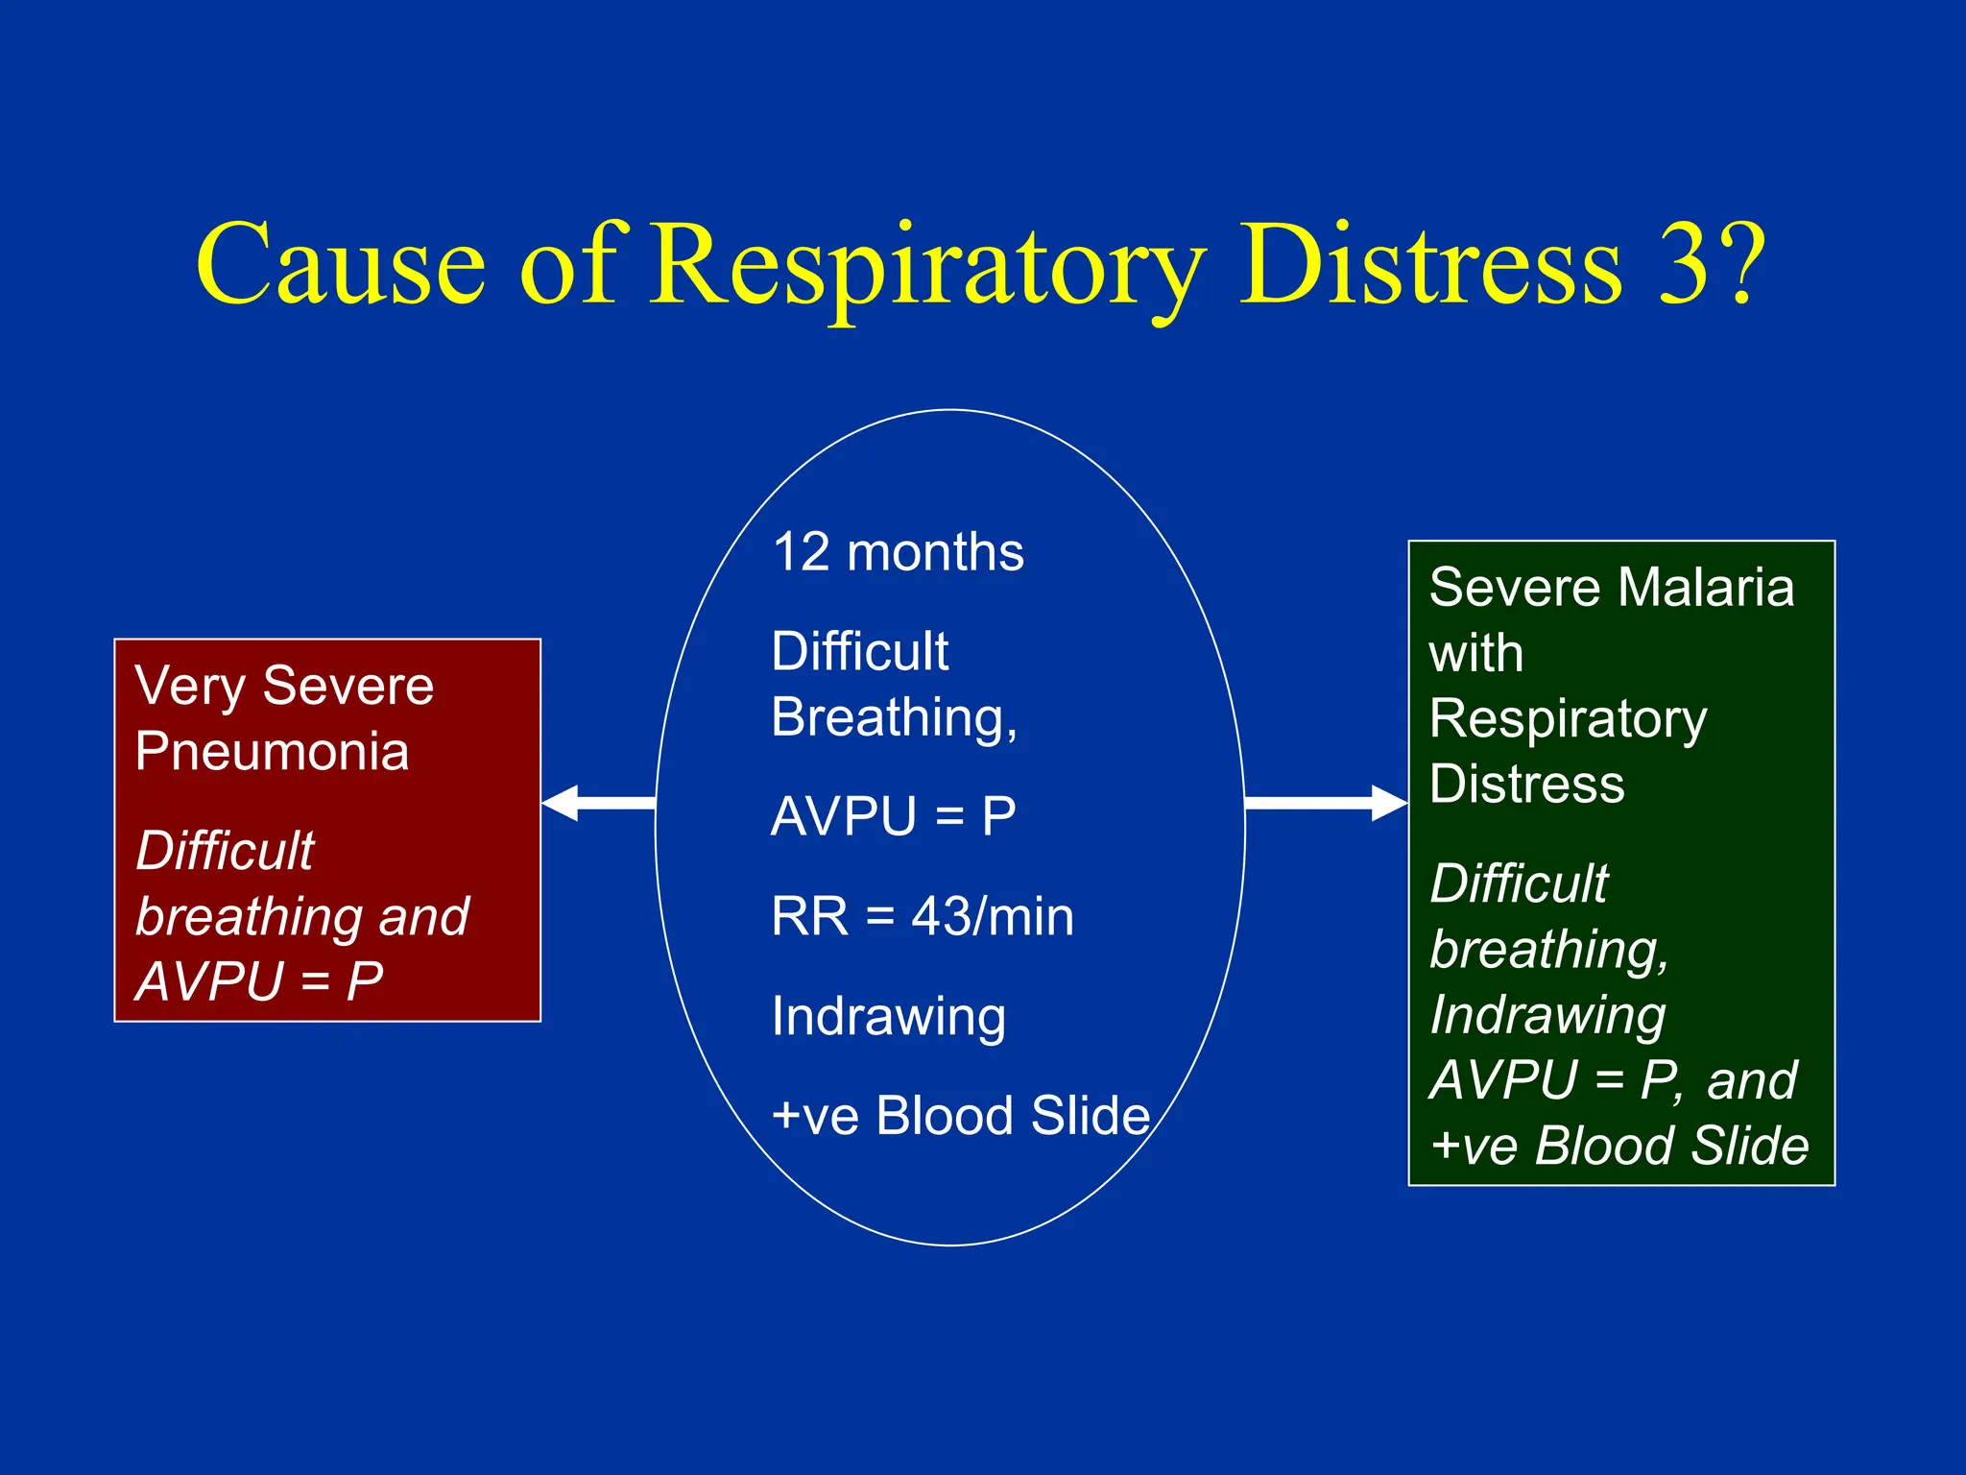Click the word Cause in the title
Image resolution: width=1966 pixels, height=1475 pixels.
pos(341,264)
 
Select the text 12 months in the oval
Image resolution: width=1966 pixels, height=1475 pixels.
pos(898,553)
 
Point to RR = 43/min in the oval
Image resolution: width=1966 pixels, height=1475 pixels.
pos(923,916)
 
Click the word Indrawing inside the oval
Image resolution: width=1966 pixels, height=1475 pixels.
pos(889,1017)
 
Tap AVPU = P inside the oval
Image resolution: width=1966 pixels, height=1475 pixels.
pos(893,817)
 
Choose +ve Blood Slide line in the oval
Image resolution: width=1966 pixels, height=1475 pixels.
pos(960,1116)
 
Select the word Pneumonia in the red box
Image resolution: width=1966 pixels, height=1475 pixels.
pos(272,751)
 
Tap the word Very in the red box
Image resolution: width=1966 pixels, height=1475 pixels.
pos(191,687)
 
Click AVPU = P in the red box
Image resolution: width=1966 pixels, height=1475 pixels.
pos(259,981)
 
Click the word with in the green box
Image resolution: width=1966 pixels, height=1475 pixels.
pos(1475,654)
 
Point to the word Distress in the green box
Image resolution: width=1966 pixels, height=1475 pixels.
pos(1526,785)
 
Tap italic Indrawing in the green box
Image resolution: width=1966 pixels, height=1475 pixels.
pos(1547,1015)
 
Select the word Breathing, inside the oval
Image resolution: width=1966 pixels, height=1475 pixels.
pos(894,718)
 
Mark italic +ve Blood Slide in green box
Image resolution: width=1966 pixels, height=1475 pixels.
pos(1618,1146)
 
